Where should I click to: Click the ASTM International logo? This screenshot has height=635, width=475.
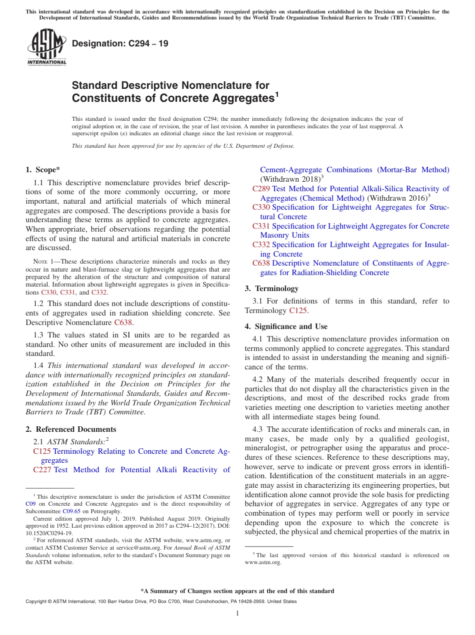(x=46, y=47)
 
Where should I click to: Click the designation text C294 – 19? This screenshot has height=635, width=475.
(x=120, y=44)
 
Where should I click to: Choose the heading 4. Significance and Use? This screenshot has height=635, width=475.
(x=286, y=326)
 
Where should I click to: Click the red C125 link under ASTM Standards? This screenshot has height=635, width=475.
(x=42, y=451)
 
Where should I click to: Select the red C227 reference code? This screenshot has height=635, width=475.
(x=42, y=470)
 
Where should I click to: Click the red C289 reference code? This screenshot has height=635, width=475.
(x=261, y=189)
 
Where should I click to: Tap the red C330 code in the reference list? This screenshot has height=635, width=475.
(x=261, y=207)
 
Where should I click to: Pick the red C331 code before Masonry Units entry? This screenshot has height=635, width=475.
(x=261, y=226)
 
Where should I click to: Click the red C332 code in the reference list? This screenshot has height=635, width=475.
(x=261, y=245)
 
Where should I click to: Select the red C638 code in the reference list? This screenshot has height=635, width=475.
(x=261, y=263)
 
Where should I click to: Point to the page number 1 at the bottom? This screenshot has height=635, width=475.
(x=237, y=614)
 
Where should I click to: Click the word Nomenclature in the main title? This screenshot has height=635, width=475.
(x=217, y=85)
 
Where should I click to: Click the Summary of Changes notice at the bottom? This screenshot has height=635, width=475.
(x=237, y=591)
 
